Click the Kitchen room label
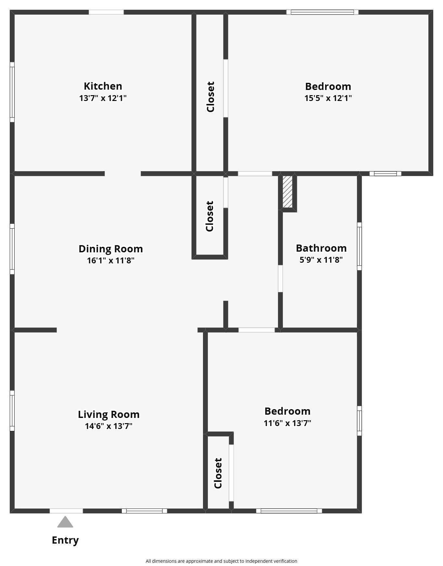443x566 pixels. click(103, 86)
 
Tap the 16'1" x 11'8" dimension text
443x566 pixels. click(110, 260)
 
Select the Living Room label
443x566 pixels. click(108, 414)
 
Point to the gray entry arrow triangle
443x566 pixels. click(65, 522)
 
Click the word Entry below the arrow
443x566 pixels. click(65, 540)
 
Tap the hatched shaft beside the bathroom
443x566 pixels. click(287, 192)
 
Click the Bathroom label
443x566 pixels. click(321, 248)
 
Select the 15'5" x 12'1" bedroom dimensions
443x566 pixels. click(328, 98)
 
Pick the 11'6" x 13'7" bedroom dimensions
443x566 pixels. click(287, 423)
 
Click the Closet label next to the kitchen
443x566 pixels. click(210, 97)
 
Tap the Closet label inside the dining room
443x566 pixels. click(209, 216)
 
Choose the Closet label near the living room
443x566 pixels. click(218, 473)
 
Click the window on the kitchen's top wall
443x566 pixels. click(106, 12)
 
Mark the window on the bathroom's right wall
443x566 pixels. click(359, 246)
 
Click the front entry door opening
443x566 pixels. click(66, 511)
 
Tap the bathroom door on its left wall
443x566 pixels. click(280, 279)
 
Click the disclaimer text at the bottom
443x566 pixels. click(221, 561)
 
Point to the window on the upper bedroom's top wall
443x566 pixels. click(322, 12)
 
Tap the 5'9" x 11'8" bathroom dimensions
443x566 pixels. click(321, 260)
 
